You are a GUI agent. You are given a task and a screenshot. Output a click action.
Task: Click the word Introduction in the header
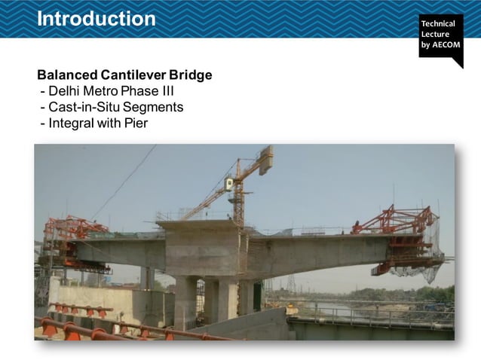[x=96, y=18]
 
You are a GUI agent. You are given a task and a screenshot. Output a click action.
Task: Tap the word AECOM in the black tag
[x=446, y=44]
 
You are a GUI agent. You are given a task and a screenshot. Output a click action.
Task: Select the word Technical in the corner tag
[x=439, y=23]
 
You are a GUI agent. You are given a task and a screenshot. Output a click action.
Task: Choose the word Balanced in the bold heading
[x=66, y=75]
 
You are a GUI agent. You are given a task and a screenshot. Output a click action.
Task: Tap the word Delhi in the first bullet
[x=64, y=92]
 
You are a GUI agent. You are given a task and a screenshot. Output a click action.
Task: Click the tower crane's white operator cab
[x=229, y=183]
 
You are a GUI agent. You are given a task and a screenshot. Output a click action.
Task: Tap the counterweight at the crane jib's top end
[x=265, y=159]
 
